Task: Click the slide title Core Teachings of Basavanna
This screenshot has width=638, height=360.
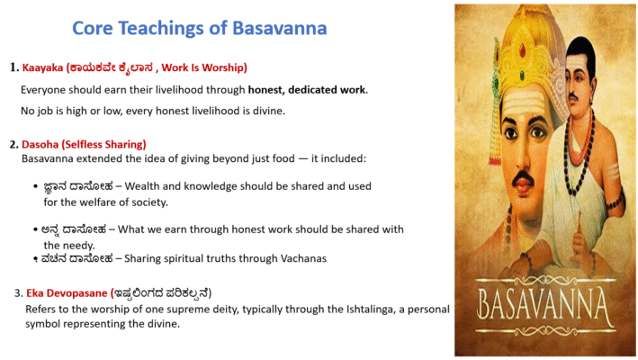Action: (x=199, y=28)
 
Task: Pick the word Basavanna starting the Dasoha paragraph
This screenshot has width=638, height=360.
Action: (x=50, y=158)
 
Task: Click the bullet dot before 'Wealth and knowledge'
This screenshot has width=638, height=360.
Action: (x=34, y=186)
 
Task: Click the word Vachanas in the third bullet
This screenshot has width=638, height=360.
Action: (x=301, y=258)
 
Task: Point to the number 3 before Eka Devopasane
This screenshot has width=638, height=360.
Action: (x=18, y=293)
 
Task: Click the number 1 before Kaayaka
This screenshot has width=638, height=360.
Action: (x=13, y=67)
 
